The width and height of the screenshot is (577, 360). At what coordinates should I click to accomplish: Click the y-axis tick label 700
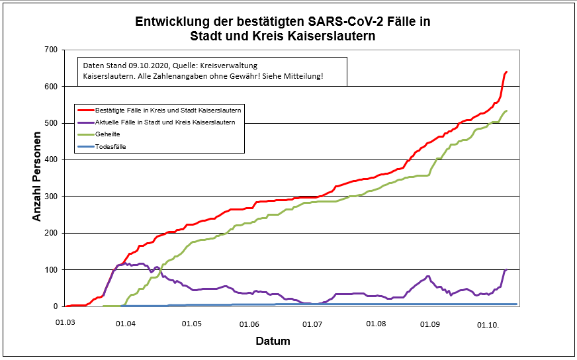tap(50, 50)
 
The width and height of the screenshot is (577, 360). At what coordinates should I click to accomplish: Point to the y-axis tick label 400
tap(50, 159)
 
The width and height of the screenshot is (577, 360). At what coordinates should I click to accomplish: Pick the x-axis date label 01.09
tap(430, 324)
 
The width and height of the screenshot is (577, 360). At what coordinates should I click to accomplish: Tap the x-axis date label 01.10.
tap(489, 324)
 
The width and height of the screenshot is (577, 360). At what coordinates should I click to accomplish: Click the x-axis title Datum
tap(273, 341)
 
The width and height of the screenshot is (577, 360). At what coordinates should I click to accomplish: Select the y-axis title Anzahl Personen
tap(38, 177)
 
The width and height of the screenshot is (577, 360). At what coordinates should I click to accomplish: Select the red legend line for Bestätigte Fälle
tap(85, 110)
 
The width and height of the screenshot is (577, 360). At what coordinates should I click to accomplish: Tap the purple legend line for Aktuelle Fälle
tap(85, 122)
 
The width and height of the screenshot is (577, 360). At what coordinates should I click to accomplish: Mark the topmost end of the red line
tap(506, 71)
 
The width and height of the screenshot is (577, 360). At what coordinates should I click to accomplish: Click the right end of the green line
tap(506, 111)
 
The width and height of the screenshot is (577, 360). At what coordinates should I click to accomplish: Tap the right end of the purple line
tap(506, 269)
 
